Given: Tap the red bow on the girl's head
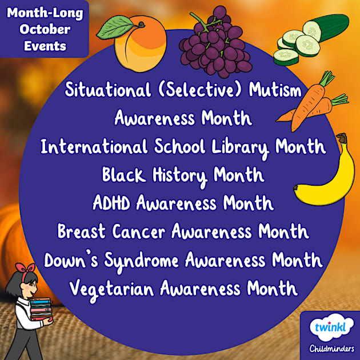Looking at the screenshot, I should tap(22, 267).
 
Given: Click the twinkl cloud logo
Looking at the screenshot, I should tap(330, 327).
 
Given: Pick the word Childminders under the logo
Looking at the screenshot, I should tap(330, 349).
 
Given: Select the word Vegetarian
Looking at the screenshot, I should tap(112, 288).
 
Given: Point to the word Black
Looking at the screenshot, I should tap(122, 174).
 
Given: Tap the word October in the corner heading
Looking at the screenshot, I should tap(46, 29).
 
